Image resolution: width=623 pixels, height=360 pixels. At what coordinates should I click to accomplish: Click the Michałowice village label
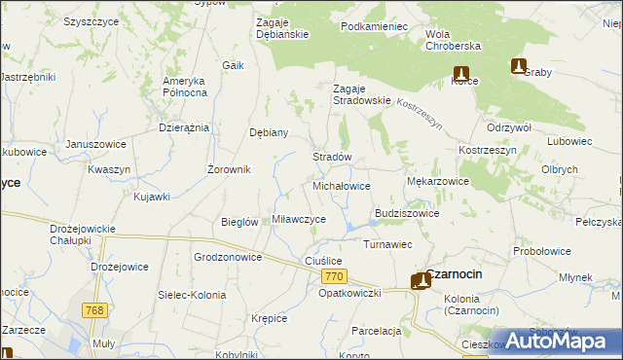[x=341, y=185]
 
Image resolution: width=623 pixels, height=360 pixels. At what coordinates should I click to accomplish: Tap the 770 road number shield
[x=333, y=278]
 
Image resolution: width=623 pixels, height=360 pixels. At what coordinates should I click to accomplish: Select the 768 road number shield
[x=93, y=310]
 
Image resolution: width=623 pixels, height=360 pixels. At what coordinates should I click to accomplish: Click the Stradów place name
[x=331, y=157]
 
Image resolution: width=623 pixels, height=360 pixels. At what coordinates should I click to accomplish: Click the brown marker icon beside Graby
[x=519, y=66]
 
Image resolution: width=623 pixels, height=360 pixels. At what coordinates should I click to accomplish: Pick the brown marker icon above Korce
[x=461, y=73]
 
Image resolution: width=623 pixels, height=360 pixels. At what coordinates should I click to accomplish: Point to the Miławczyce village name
[x=299, y=219]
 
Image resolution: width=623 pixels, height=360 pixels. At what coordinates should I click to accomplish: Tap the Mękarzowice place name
[x=437, y=181]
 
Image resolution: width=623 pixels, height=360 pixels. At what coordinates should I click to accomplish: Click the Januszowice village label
[x=96, y=144]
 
